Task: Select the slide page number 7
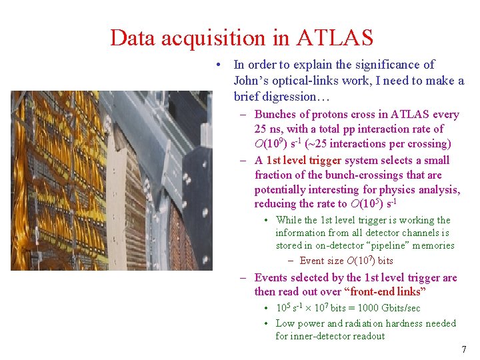coord(464,349)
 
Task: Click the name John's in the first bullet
coord(251,81)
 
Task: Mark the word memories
coord(433,245)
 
